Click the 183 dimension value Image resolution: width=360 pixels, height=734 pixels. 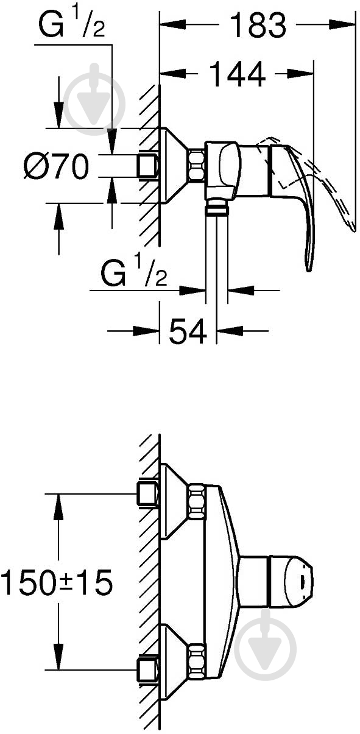click(258, 25)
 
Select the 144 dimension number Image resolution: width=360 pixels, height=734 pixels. click(237, 74)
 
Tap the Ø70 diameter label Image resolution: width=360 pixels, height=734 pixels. click(56, 166)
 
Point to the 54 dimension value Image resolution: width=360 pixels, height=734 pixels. click(188, 331)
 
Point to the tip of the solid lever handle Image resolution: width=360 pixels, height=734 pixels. click(308, 270)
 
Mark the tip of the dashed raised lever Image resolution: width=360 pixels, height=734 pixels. click(354, 230)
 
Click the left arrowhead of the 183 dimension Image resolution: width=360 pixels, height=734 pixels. click(173, 24)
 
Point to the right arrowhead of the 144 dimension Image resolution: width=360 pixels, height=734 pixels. click(301, 74)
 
